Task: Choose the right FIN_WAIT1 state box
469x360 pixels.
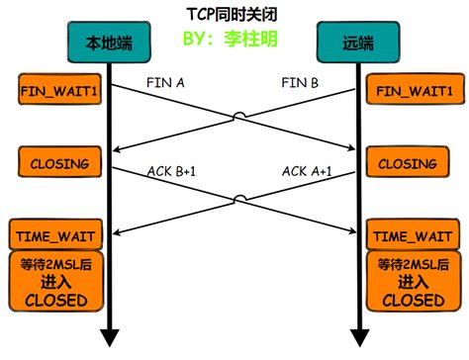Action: point(414,91)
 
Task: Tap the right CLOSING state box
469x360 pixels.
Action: point(414,162)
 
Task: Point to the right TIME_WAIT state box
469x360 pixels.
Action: point(414,236)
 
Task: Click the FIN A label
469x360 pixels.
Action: point(165,83)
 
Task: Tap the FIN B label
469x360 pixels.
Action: point(300,83)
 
